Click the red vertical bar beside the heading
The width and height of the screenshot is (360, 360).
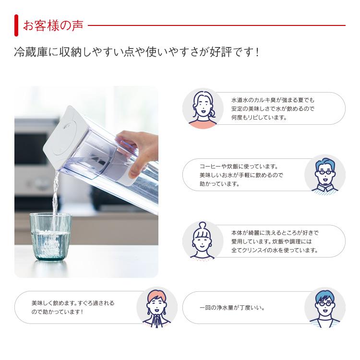click(x=16, y=25)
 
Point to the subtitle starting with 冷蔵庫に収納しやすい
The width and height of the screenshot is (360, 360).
click(x=137, y=52)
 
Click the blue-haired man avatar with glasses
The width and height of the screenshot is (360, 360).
click(x=325, y=308)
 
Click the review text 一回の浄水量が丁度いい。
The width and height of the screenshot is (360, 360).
click(x=231, y=308)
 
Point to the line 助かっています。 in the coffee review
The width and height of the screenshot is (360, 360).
click(x=219, y=183)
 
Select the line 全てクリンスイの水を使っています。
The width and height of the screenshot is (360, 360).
click(x=275, y=250)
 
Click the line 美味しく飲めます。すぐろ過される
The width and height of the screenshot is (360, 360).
click(x=73, y=303)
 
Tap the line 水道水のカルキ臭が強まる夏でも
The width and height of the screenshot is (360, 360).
click(x=273, y=100)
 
